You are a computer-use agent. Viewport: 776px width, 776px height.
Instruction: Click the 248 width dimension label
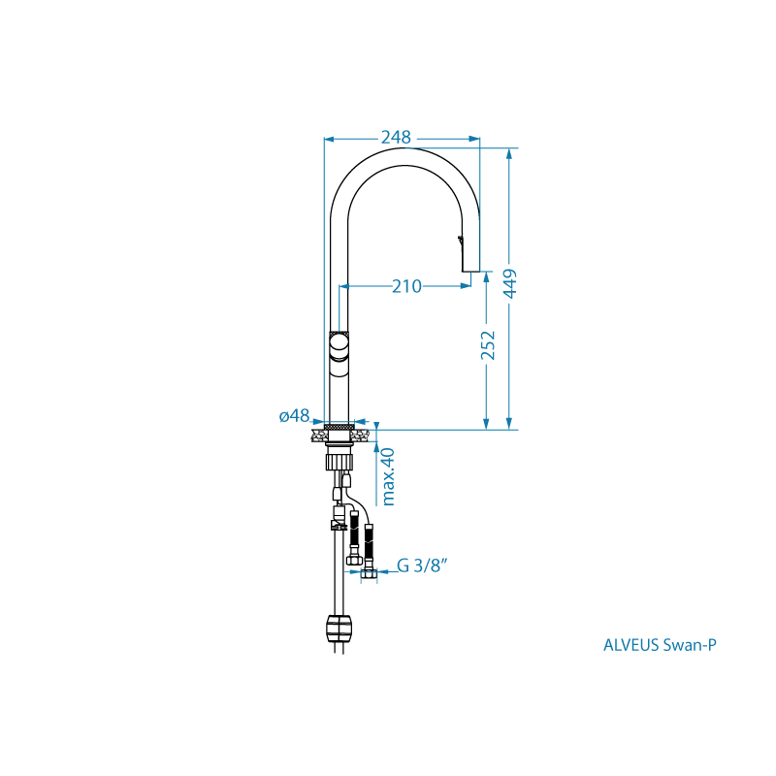point(396,137)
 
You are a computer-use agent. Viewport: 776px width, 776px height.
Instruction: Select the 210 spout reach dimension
point(406,286)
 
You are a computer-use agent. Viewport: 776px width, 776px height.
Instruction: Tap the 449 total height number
point(510,283)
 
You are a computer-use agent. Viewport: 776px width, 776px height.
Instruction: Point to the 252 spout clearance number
point(488,345)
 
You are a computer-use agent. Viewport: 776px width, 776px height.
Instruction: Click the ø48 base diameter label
point(295,416)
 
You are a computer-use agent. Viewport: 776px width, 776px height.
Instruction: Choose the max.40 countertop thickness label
point(389,476)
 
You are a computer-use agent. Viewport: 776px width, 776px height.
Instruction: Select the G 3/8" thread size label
point(422,566)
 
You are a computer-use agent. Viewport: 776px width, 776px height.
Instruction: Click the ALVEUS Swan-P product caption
point(660,645)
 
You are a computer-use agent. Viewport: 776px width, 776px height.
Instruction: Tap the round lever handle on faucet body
point(339,344)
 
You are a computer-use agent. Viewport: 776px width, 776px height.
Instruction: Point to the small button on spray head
point(460,240)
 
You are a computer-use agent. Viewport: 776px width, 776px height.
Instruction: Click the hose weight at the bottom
point(339,628)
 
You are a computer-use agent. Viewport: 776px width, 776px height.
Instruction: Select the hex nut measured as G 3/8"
point(369,573)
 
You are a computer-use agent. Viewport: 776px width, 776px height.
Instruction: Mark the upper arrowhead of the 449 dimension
point(509,153)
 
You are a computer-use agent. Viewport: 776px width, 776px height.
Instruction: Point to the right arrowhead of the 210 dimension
point(466,286)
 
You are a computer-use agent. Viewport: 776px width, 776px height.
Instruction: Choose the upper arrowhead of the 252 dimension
point(487,277)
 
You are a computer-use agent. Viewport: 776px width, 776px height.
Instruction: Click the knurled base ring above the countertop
point(339,426)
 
